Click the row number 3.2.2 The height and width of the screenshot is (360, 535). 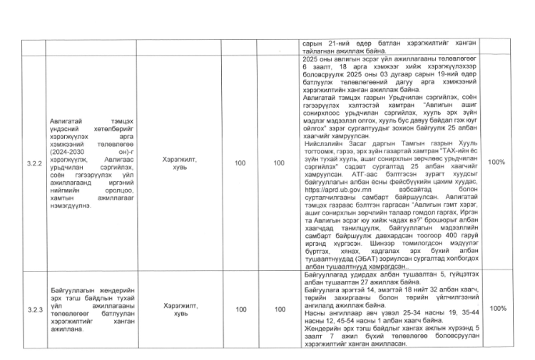[x=33, y=163]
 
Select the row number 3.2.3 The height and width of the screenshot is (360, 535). [x=33, y=309]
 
